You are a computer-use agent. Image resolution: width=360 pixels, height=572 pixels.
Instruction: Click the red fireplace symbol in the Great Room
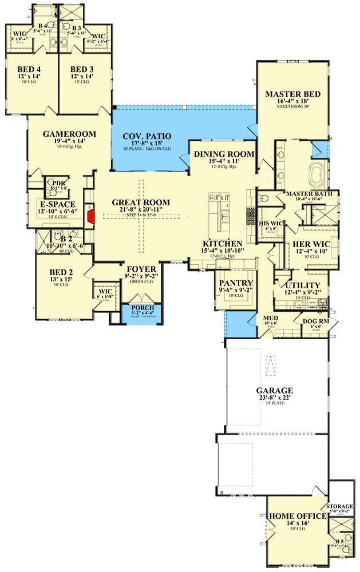(90, 218)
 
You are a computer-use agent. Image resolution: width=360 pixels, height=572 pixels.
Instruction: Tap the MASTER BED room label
(292, 94)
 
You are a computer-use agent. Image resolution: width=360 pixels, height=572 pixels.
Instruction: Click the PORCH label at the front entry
(143, 308)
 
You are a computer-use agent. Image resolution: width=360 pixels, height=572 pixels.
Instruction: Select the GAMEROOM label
(69, 134)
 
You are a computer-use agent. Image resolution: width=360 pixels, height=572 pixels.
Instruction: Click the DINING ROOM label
(224, 154)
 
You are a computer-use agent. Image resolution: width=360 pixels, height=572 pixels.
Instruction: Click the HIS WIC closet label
(268, 223)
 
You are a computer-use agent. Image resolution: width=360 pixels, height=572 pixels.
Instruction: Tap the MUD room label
(270, 317)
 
